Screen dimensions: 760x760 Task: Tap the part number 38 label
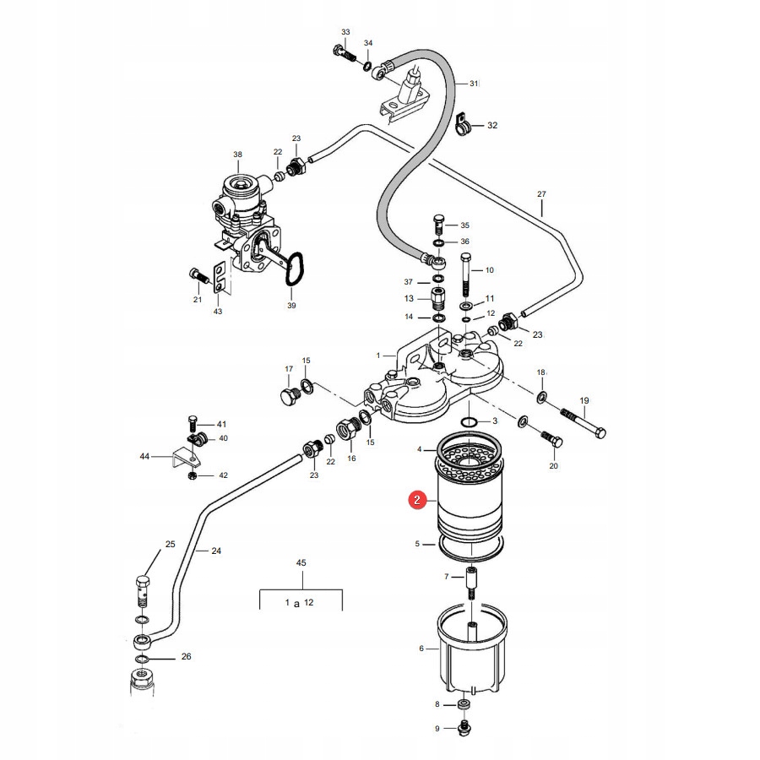coord(237,155)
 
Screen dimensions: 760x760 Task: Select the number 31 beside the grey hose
coord(474,84)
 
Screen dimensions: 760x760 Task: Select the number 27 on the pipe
coord(542,194)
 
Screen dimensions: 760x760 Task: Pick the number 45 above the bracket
coord(301,562)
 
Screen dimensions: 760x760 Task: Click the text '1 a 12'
coord(299,602)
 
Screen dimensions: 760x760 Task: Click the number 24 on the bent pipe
coord(216,551)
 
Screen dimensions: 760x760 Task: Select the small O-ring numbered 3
coord(469,421)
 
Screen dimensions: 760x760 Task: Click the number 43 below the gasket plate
coord(218,312)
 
